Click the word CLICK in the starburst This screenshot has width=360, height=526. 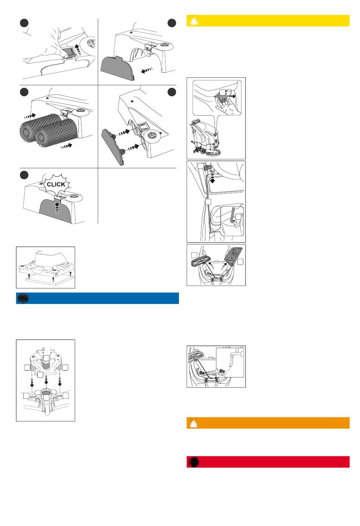pos(56,184)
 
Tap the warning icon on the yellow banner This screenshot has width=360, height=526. pos(194,21)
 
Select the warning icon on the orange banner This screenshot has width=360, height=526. pos(194,423)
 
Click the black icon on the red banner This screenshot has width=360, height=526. pos(194,462)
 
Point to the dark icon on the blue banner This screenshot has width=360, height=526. pos(23,298)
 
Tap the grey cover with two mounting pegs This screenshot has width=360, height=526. pos(113,147)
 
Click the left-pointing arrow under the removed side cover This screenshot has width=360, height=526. pos(147,70)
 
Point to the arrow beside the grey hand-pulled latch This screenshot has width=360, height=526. pos(232,96)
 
